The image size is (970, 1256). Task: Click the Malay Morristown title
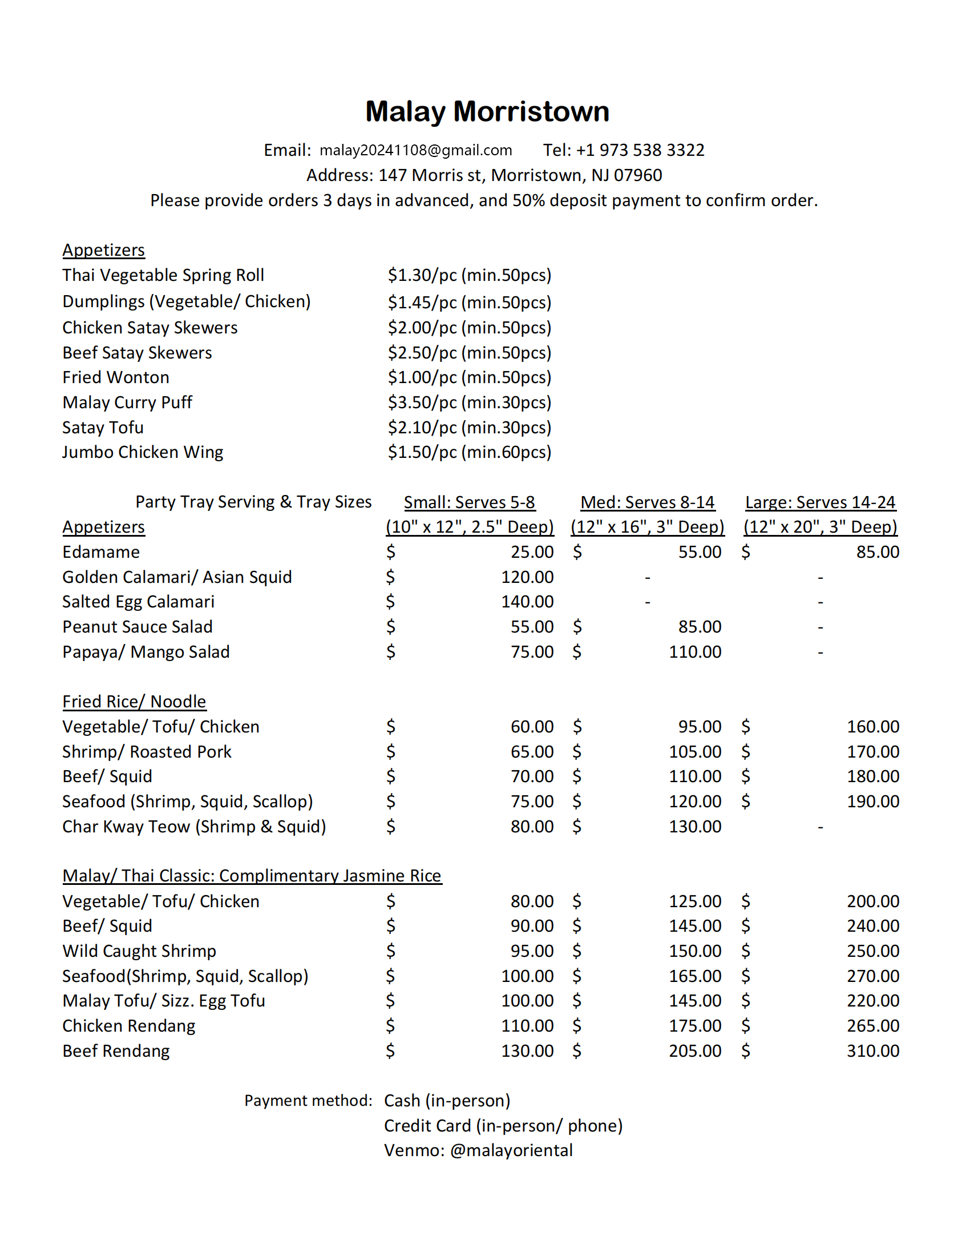pyautogui.click(x=487, y=111)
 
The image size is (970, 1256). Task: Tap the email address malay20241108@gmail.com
pyautogui.click(x=415, y=150)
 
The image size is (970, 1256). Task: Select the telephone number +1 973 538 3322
pyautogui.click(x=640, y=150)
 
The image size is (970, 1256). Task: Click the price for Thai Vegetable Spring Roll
pyautogui.click(x=469, y=276)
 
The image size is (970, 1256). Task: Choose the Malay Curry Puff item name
pyautogui.click(x=127, y=402)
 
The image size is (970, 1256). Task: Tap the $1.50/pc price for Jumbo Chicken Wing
pyautogui.click(x=469, y=453)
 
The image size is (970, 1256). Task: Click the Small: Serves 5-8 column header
pyautogui.click(x=469, y=502)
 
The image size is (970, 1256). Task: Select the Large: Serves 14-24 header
pyautogui.click(x=819, y=502)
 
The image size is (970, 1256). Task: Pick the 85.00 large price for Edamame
pyautogui.click(x=877, y=552)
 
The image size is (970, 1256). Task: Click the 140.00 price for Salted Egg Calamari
pyautogui.click(x=527, y=602)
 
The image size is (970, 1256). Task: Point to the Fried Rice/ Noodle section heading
pyautogui.click(x=134, y=702)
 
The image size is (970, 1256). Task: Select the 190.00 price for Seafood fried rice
pyautogui.click(x=872, y=802)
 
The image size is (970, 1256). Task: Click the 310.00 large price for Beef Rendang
pyautogui.click(x=872, y=1051)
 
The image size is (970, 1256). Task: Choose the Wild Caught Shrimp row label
pyautogui.click(x=139, y=951)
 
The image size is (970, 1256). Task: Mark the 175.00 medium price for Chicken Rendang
pyautogui.click(x=694, y=1026)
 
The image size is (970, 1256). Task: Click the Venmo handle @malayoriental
pyautogui.click(x=511, y=1151)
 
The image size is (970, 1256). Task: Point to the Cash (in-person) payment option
pyautogui.click(x=447, y=1101)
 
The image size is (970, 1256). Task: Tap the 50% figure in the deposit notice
pyautogui.click(x=528, y=201)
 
